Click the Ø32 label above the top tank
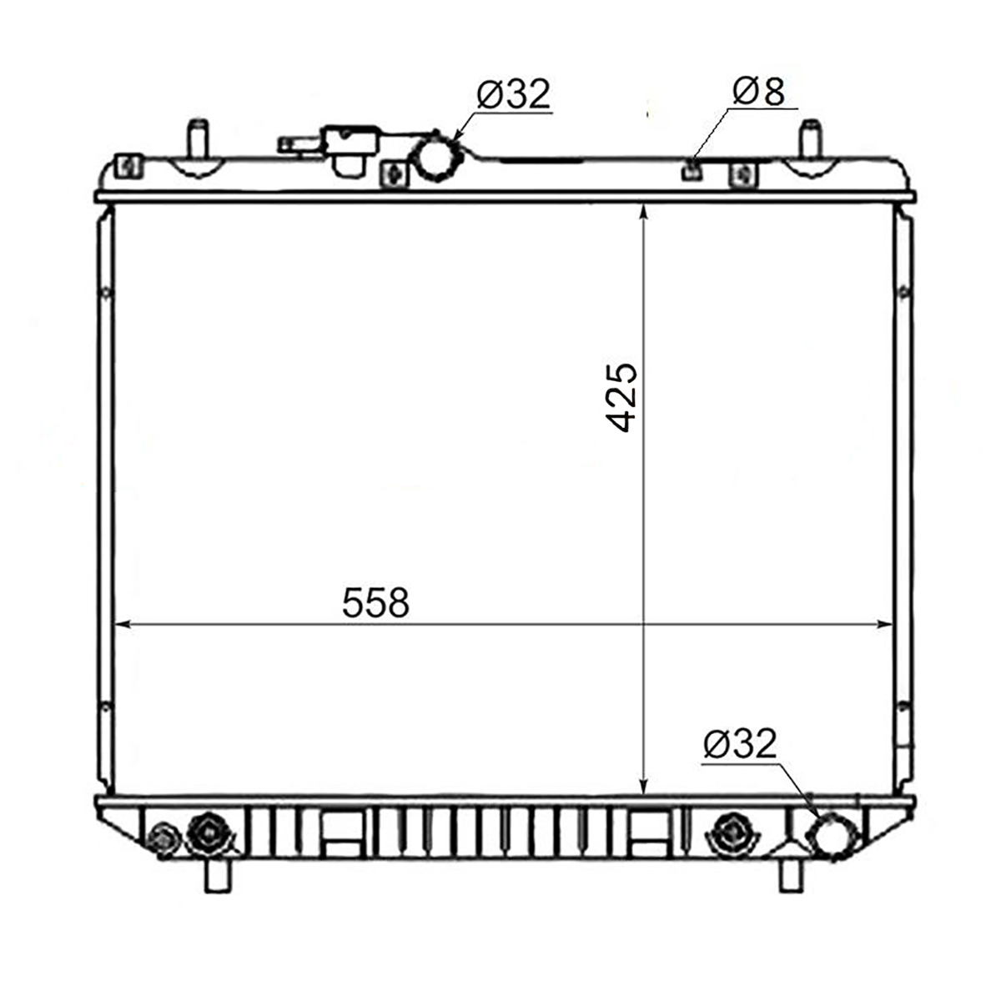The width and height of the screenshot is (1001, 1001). [x=513, y=94]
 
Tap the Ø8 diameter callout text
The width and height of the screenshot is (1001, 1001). [x=758, y=92]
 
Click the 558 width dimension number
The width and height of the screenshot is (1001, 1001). [x=375, y=602]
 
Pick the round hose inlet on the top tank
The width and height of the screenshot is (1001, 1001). [x=436, y=156]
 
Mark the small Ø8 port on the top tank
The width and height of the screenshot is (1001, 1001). [x=692, y=169]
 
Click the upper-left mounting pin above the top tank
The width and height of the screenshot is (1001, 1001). [x=199, y=140]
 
